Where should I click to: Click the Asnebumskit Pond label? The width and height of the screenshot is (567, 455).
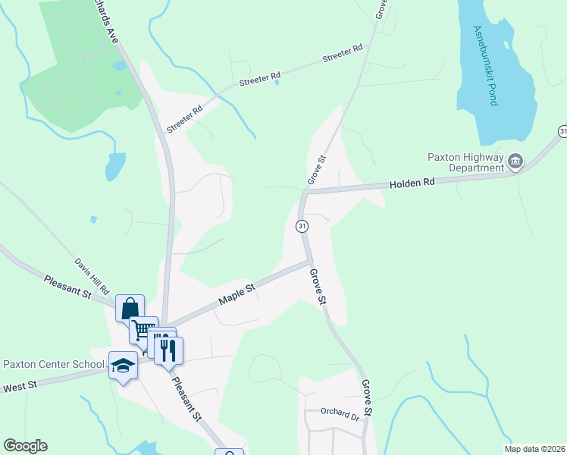click(x=484, y=66)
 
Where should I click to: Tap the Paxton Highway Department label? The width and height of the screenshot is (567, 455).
click(x=465, y=162)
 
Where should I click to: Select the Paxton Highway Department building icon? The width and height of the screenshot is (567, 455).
click(x=515, y=161)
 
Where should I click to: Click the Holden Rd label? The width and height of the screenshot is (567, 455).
click(x=413, y=184)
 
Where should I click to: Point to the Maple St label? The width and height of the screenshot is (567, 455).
click(x=237, y=291)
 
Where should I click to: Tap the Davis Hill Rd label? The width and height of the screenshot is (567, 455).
click(x=92, y=276)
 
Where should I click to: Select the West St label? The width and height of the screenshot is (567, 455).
click(x=20, y=388)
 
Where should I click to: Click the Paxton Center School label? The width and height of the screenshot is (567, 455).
click(x=53, y=365)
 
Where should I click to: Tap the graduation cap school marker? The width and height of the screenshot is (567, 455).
click(x=123, y=366)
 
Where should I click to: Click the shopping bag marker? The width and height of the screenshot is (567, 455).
click(x=130, y=309)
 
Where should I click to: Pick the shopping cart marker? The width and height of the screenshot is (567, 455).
click(x=143, y=330)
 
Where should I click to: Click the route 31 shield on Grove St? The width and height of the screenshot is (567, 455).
click(x=302, y=226)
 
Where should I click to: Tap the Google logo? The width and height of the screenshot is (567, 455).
click(x=25, y=446)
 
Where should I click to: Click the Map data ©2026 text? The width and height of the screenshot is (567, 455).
click(x=534, y=449)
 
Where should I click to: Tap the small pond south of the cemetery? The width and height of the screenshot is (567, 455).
click(x=114, y=166)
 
